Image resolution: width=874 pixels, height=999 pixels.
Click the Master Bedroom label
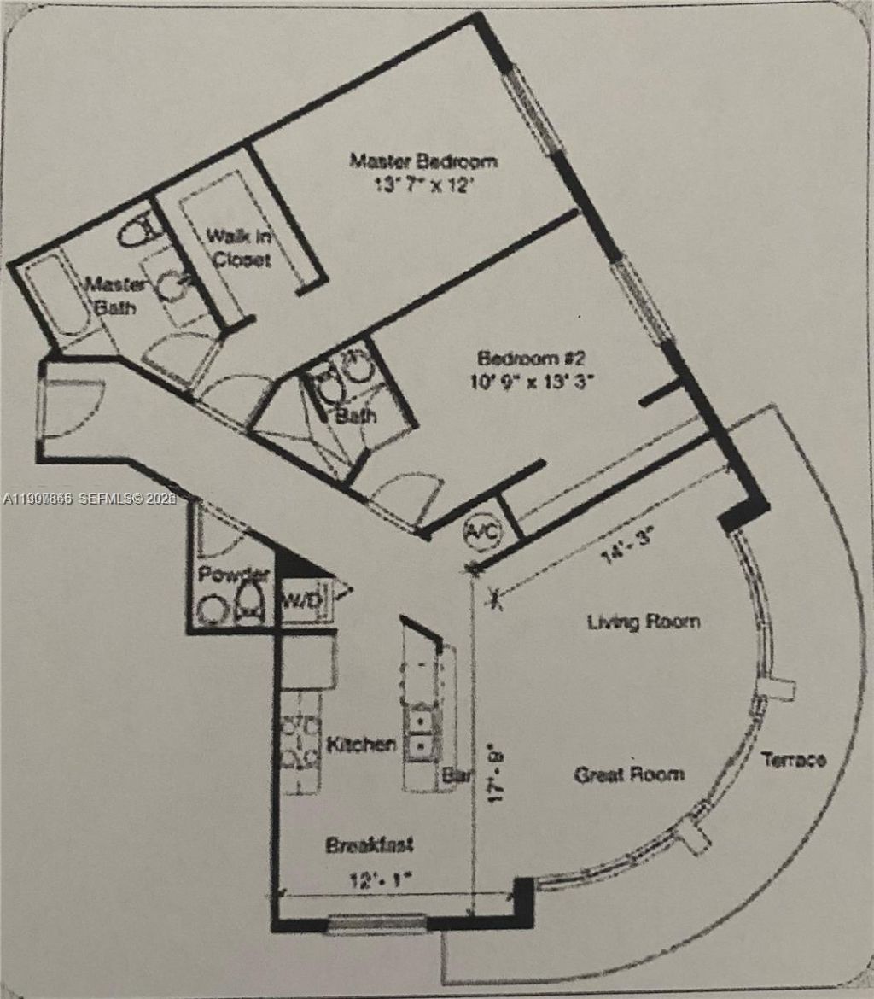[424, 161]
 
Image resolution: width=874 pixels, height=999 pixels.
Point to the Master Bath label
[114, 295]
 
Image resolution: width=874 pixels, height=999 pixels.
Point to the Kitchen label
[361, 745]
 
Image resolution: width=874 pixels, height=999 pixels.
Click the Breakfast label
[370, 845]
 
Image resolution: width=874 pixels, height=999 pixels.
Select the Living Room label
[644, 622]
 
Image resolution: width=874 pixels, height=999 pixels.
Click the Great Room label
[628, 774]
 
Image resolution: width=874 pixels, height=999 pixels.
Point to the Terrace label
[794, 759]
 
